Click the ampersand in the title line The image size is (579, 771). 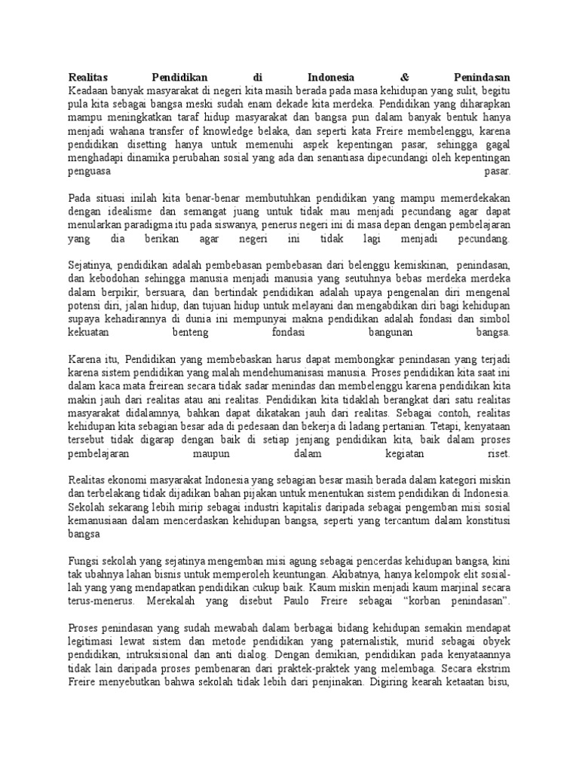(405, 77)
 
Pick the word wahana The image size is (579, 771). (115, 130)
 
